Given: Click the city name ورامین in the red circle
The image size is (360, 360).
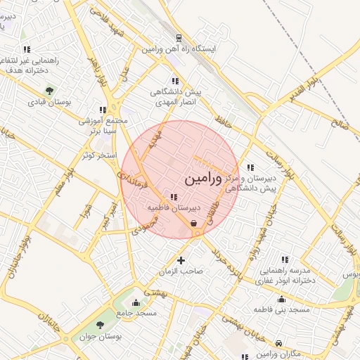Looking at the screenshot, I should [203, 179].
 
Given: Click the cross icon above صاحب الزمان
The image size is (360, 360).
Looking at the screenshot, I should [181, 260].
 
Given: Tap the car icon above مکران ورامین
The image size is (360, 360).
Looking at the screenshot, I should [280, 342].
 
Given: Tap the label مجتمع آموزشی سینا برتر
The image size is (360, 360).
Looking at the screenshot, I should [105, 126].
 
